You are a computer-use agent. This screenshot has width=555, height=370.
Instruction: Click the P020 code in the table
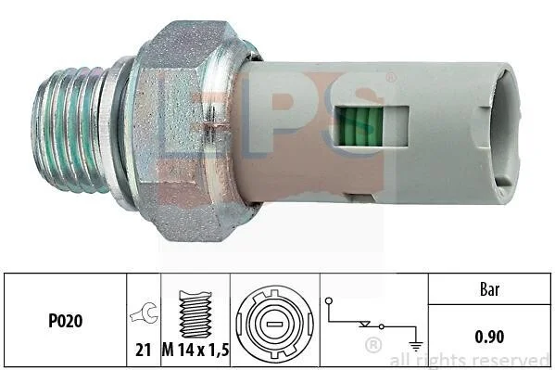[x=66, y=321]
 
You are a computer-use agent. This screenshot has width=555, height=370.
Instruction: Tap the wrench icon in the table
[x=144, y=313]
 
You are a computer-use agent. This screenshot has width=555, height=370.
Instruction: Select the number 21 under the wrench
[x=144, y=350]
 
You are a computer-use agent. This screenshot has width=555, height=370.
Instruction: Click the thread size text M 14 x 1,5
[x=196, y=351]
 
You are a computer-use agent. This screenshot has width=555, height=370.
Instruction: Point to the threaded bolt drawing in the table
[x=196, y=314]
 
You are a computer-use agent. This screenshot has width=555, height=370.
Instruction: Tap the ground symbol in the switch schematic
[x=415, y=345]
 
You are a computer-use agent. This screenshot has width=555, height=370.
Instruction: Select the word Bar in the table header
[x=490, y=289]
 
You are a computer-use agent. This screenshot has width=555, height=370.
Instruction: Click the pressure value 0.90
[x=489, y=337]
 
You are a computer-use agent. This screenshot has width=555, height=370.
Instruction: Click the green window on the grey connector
[x=359, y=126]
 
